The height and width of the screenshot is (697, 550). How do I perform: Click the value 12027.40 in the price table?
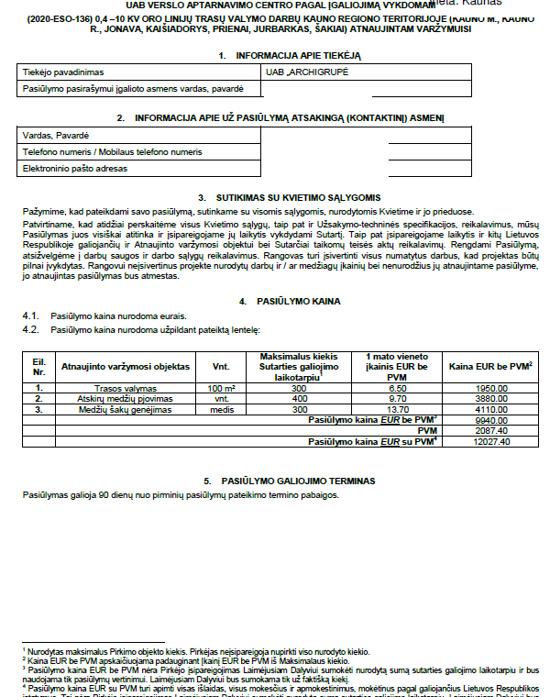click(x=491, y=441)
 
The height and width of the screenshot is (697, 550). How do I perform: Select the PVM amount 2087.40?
click(x=491, y=430)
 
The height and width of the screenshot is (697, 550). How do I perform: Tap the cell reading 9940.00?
click(x=491, y=419)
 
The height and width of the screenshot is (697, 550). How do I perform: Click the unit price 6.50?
click(x=397, y=388)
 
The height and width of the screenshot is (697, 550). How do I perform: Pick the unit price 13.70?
click(x=397, y=409)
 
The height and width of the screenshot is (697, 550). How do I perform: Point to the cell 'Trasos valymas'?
click(x=125, y=388)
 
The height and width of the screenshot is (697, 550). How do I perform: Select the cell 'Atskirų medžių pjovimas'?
click(x=125, y=399)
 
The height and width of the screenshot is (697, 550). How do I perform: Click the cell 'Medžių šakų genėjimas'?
click(x=125, y=409)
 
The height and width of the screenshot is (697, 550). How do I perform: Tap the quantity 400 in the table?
click(x=299, y=399)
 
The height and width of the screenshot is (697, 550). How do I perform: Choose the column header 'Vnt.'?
click(x=221, y=366)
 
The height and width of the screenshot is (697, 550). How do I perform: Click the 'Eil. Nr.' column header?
click(x=38, y=366)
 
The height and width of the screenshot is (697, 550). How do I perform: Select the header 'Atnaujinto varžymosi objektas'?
click(x=125, y=366)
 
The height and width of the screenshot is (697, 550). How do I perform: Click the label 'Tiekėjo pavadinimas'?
click(x=62, y=71)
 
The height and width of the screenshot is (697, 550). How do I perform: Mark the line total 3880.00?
click(x=491, y=399)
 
